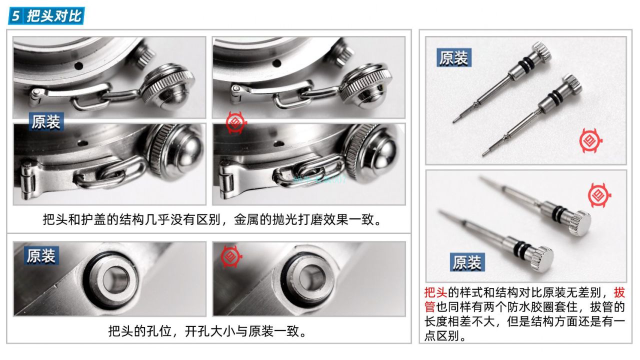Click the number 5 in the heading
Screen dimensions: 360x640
(x=16, y=16)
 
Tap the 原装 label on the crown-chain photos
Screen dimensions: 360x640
(x=46, y=122)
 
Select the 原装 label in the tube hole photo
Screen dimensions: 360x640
(x=41, y=256)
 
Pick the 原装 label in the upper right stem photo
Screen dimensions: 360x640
(x=453, y=58)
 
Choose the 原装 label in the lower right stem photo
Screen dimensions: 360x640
(x=466, y=262)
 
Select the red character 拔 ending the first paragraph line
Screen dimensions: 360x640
(x=619, y=292)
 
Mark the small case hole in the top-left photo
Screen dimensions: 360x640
(x=78, y=65)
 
